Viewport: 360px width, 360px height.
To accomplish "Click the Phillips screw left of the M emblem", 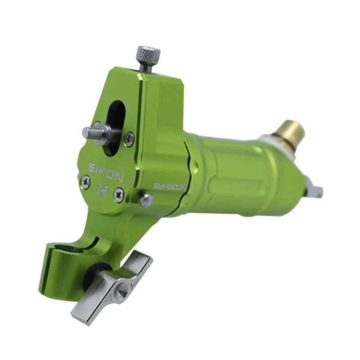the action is (x=85, y=182).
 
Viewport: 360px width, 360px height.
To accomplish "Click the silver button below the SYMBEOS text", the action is (x=147, y=200).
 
